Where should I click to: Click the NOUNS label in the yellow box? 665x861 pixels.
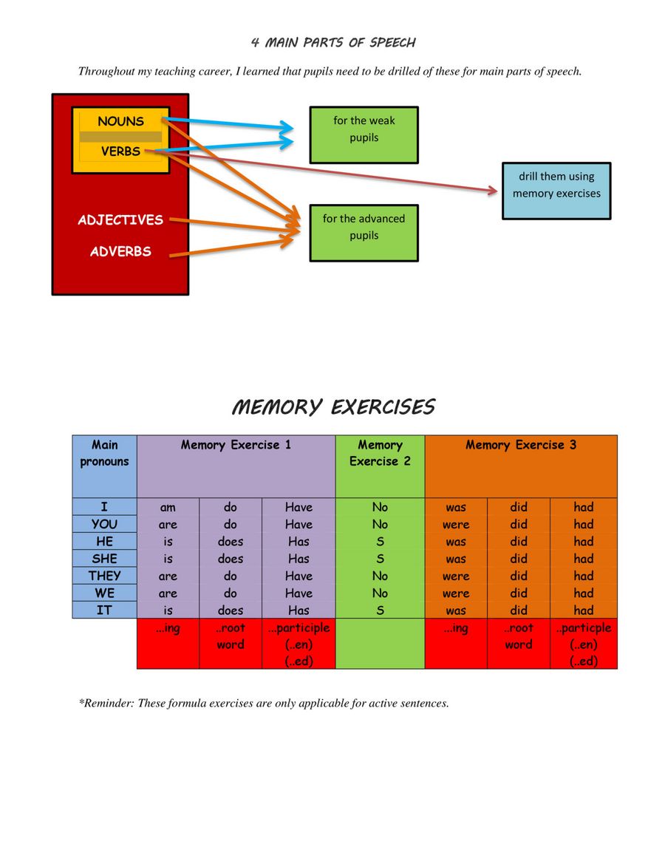(120, 121)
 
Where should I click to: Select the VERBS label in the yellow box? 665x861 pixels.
(120, 152)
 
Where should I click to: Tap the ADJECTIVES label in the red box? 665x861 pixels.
(120, 220)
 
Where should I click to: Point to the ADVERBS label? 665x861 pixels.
(120, 252)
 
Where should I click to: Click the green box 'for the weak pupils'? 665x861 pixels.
(364, 134)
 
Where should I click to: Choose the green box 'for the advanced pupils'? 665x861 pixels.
(364, 232)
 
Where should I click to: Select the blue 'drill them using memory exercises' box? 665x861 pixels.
(556, 191)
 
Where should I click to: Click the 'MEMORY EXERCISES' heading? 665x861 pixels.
(332, 407)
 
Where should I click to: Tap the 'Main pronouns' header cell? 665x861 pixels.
(104, 466)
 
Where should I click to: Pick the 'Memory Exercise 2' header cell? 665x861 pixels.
(380, 466)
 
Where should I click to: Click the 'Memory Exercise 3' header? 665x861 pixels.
(521, 445)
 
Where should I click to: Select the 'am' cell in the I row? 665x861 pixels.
(168, 508)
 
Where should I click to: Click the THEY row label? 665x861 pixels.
(104, 576)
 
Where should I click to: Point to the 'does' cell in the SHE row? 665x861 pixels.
(231, 559)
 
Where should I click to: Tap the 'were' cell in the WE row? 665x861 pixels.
(456, 593)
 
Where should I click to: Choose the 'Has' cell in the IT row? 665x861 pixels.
(299, 610)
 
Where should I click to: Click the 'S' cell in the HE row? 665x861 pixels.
(380, 542)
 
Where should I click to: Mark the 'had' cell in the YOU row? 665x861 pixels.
(583, 525)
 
